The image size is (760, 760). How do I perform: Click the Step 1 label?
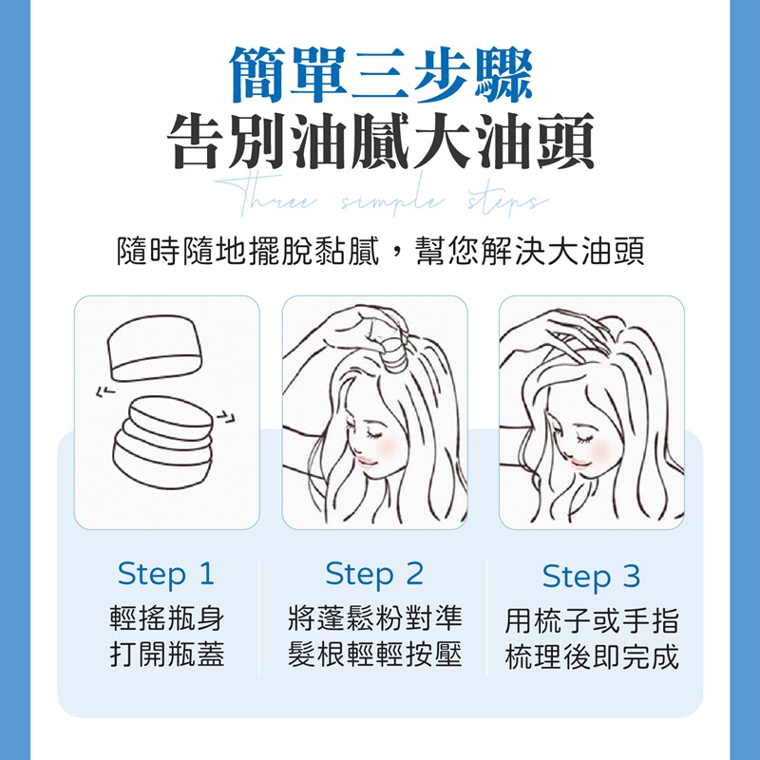click(x=166, y=574)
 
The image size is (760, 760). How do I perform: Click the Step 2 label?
click(x=374, y=574)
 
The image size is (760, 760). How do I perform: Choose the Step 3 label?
click(x=591, y=576)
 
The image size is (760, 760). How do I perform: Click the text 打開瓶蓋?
click(x=166, y=655)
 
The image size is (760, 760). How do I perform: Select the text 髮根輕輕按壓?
click(x=375, y=655)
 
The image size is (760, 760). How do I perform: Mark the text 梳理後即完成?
click(x=592, y=657)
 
